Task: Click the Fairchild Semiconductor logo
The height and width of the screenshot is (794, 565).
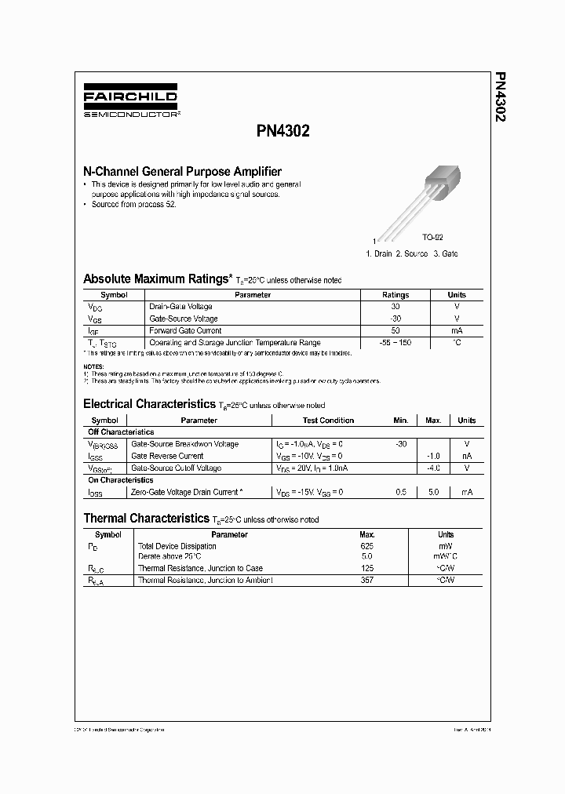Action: click(131, 103)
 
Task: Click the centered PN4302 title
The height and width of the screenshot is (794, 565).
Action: click(283, 132)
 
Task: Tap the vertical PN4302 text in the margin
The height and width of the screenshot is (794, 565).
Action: click(500, 101)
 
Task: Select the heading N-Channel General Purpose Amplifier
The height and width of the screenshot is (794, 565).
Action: click(182, 171)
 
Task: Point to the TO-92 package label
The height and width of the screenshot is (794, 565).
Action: click(432, 237)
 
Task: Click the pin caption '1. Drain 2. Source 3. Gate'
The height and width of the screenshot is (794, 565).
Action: click(412, 253)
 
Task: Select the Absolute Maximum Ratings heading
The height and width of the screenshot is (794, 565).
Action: click(157, 279)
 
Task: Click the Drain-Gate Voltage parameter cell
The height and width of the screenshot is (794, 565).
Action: click(180, 307)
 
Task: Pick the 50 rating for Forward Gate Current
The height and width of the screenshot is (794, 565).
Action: click(395, 330)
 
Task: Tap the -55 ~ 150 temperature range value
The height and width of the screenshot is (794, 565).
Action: click(395, 343)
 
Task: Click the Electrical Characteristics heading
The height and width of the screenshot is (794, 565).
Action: click(148, 404)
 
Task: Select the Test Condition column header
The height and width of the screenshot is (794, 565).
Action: click(326, 421)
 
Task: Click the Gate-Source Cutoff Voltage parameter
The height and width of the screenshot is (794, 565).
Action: click(176, 468)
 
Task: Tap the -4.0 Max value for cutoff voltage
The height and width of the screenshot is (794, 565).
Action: click(432, 468)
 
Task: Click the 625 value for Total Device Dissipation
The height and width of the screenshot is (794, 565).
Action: click(366, 545)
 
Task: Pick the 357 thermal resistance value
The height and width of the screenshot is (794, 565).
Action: click(366, 580)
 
